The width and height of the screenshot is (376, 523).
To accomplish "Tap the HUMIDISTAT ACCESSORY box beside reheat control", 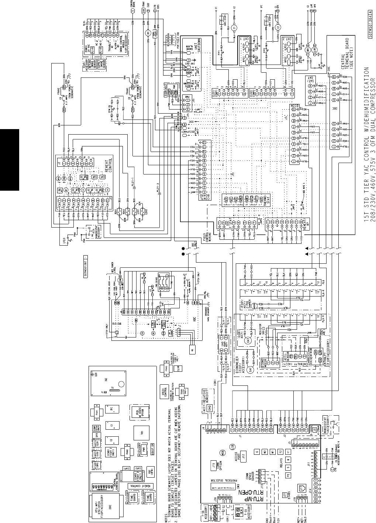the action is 92,231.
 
